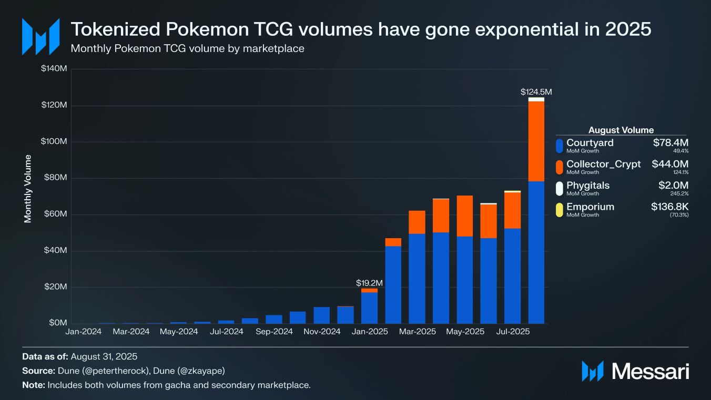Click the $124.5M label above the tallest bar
536,92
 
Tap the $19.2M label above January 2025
369,283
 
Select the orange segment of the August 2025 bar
536,141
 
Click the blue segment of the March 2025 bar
417,279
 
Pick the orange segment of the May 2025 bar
465,216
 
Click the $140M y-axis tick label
53,69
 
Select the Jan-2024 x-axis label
83,332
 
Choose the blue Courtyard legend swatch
559,146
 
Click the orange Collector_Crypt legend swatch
559,167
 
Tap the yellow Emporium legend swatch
559,209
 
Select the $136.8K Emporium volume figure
669,207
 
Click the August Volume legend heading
621,130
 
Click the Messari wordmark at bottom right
650,371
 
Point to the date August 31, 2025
104,357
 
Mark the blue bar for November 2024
321,315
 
